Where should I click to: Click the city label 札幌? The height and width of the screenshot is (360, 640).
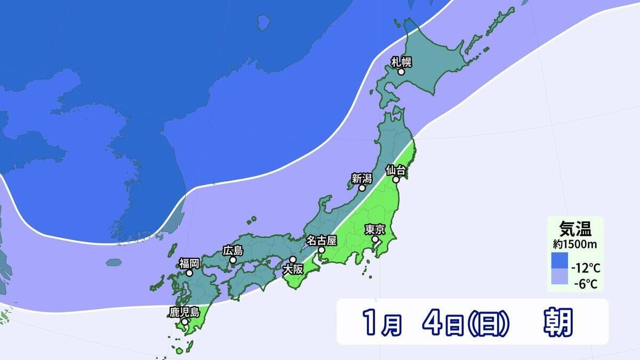click(401, 62)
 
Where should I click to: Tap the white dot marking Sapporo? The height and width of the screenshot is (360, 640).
click(402, 71)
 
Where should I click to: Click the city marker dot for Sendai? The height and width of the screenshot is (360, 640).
click(396, 180)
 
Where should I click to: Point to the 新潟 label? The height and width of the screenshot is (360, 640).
click(362, 178)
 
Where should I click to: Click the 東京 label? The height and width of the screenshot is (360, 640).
click(375, 230)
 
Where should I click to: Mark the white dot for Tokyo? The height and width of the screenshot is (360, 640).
click(375, 239)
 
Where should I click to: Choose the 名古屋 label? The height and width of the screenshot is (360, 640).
click(321, 240)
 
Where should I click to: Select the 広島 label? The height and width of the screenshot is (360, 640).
click(233, 250)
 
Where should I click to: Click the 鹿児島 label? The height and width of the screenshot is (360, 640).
click(184, 312)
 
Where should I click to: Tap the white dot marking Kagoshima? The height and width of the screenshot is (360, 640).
click(185, 322)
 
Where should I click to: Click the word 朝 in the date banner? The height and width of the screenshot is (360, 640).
click(558, 323)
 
